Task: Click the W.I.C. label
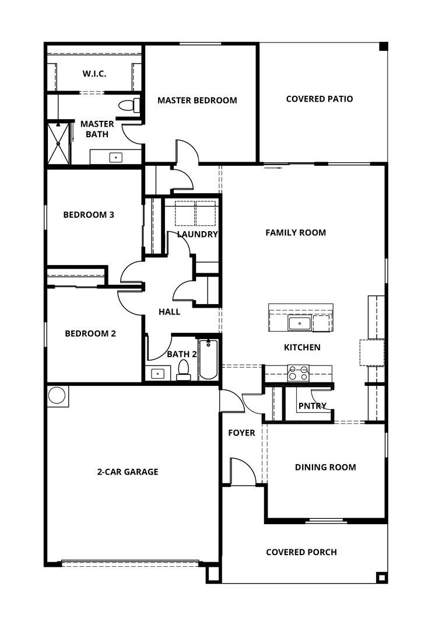pos(94,74)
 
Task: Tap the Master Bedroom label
pos(197,100)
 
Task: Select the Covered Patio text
pos(319,99)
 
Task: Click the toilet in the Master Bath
pos(128,106)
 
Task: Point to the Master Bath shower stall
pos(58,142)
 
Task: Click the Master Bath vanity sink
pos(116,157)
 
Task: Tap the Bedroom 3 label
pos(89,215)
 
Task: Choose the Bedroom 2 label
pos(90,334)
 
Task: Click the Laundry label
pos(197,235)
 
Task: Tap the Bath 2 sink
pos(157,373)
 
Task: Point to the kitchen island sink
pos(299,322)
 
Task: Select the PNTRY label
pos(312,406)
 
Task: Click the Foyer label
pos(241,433)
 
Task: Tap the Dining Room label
pos(325,468)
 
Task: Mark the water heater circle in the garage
pos(57,396)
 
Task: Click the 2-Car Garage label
pos(127,472)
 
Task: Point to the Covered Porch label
pos(301,552)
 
